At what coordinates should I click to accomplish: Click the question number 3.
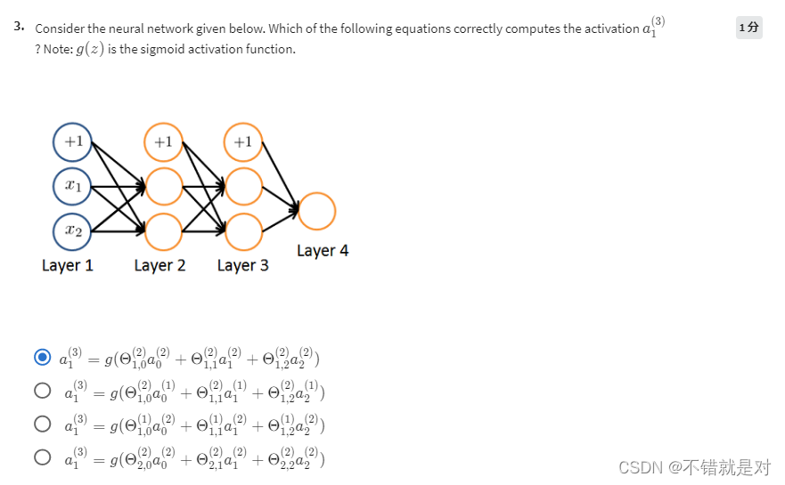coord(19,27)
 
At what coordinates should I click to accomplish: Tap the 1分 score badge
coord(749,28)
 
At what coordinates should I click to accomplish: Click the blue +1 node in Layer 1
coord(72,141)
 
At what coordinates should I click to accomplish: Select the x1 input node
coord(72,187)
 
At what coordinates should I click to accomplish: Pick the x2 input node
coord(72,230)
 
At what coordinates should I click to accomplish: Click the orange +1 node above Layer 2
coord(163,141)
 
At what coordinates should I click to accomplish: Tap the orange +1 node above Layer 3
coord(243,141)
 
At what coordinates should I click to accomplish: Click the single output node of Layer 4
coord(317,212)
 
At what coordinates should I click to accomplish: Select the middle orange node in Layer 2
coord(163,187)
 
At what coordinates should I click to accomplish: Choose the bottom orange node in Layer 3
coord(243,231)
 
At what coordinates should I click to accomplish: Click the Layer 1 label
coord(68,265)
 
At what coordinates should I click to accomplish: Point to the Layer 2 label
coord(159,265)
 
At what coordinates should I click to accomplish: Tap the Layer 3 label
coord(242,265)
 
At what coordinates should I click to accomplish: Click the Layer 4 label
coord(323,251)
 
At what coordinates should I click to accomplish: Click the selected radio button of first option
coord(42,358)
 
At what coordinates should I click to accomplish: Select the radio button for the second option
coord(42,390)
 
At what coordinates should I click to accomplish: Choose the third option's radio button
coord(42,424)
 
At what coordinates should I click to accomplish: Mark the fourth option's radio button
coord(42,457)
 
